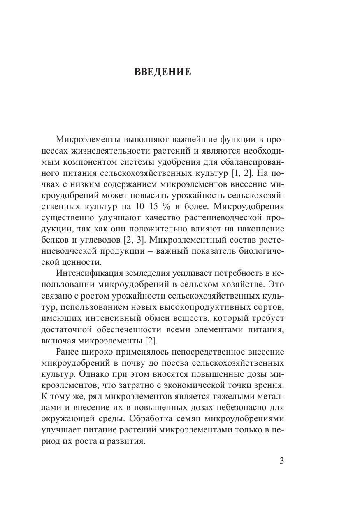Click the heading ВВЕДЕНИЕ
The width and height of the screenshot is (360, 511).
163,72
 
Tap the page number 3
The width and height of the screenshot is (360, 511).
282,461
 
